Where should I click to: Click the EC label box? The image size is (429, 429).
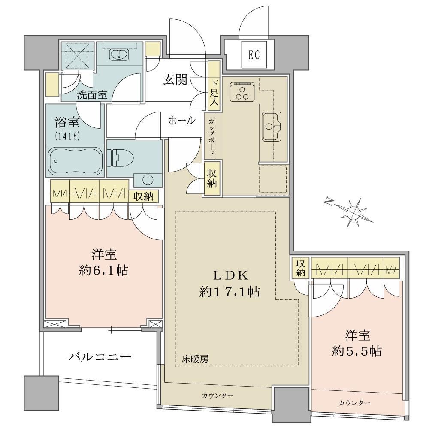pos(254,55)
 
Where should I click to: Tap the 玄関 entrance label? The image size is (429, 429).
pos(175,80)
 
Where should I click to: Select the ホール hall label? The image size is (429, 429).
pos(181,121)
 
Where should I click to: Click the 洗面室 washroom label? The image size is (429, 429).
pos(92,95)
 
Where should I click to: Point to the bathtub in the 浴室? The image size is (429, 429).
pos(75,161)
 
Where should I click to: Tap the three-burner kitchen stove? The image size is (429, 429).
pos(242,92)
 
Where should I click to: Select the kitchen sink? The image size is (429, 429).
pos(272,127)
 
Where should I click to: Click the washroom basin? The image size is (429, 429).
pos(120,54)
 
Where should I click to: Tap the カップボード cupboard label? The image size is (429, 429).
pos(211,137)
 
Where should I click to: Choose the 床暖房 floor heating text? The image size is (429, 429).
pos(195,359)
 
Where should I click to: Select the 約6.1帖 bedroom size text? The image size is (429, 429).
pos(104,270)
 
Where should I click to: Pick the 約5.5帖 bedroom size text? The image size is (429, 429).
pos(357,351)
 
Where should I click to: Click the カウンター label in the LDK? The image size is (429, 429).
pos(218,396)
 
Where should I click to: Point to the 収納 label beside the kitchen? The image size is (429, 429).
pos(212,178)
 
